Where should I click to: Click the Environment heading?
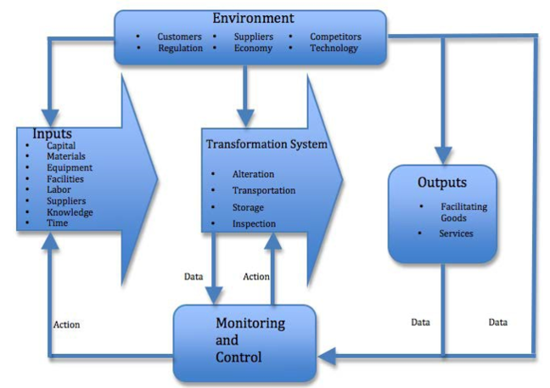tap(253, 18)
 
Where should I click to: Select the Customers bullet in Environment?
tap(179, 37)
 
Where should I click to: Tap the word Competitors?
tap(334, 37)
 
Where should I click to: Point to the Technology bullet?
tap(333, 48)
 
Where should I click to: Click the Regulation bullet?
tap(180, 48)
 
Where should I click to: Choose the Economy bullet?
tap(254, 48)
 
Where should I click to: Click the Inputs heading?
tap(52, 134)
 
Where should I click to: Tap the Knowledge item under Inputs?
tap(70, 212)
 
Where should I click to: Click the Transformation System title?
tap(266, 144)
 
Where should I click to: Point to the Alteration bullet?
tap(253, 174)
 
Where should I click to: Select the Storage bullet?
tap(248, 207)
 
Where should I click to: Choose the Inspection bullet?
tap(253, 223)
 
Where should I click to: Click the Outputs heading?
tap(441, 183)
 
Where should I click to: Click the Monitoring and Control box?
tap(244, 341)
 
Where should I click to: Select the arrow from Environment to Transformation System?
tap(245, 93)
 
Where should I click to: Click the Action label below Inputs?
tap(66, 324)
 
